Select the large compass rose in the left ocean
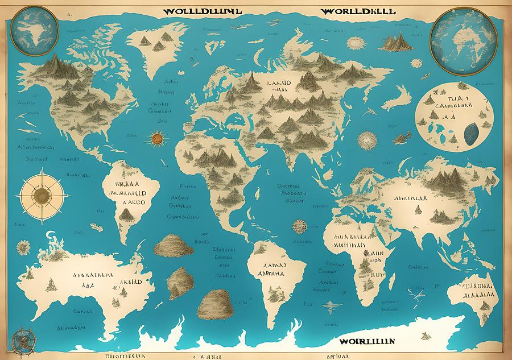[x=41, y=195]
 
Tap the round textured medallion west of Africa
[x=298, y=225]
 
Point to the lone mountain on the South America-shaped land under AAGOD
[x=125, y=215]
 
